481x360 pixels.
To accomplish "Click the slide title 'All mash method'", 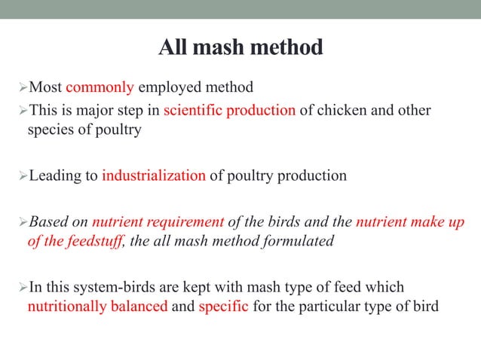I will click(x=240, y=48).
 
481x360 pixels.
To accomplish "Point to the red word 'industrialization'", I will click(x=154, y=176).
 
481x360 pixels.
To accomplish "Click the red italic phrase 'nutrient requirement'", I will click(x=158, y=222).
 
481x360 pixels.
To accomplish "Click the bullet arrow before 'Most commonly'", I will click(x=21, y=88).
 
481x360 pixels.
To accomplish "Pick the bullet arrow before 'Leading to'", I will click(x=21, y=176).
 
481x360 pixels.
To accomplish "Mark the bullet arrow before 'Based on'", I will click(x=21, y=222).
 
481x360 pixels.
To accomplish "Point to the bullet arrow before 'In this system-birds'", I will click(x=21, y=288).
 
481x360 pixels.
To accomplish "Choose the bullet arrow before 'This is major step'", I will click(x=21, y=111).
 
